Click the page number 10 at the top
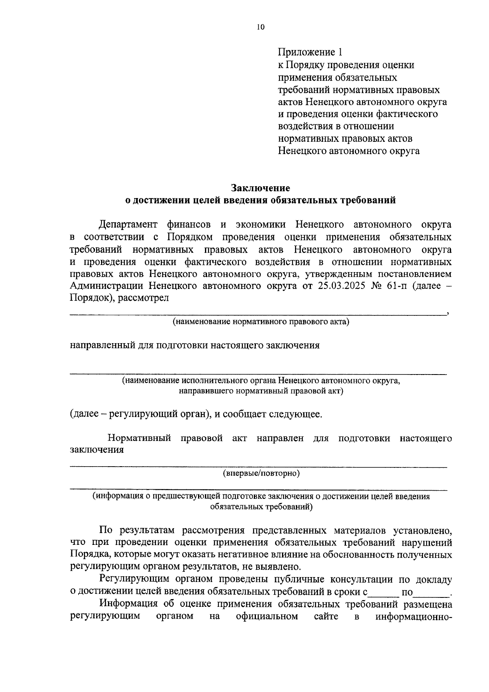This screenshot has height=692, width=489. tap(261, 27)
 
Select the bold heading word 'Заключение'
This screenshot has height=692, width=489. tap(261, 188)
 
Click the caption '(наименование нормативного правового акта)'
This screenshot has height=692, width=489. tap(261, 322)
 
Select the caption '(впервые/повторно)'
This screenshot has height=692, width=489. tap(261, 473)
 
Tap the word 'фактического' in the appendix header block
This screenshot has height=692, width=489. tap(410, 114)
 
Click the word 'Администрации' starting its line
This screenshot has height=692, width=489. tap(106, 286)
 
